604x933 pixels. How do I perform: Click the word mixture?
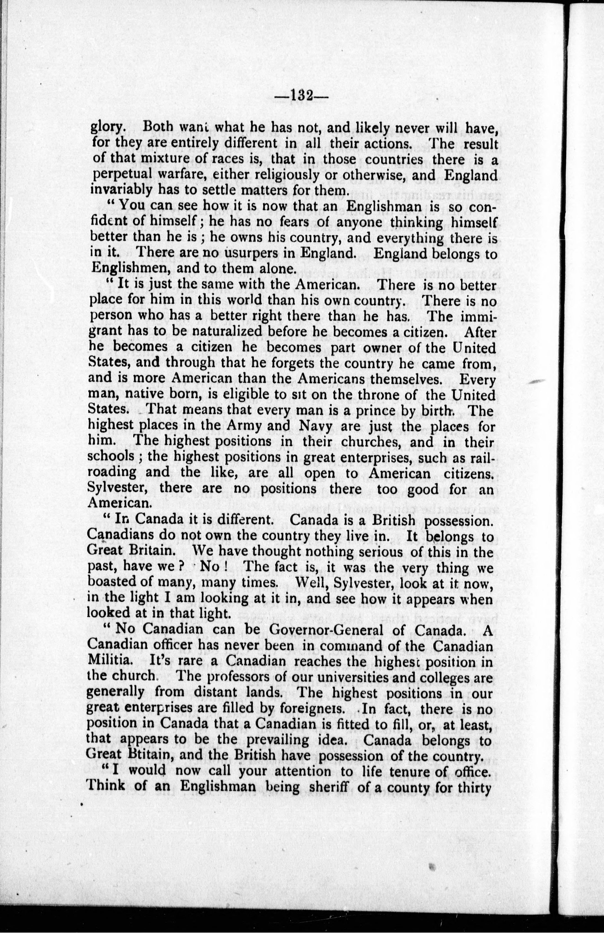tap(160, 160)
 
